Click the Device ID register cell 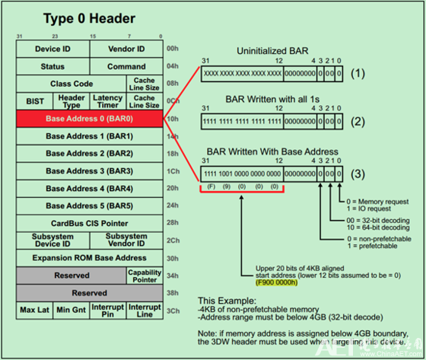[52, 49]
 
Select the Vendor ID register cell [126, 49]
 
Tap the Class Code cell [72, 84]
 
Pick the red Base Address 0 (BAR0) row [88, 119]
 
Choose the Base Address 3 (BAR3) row [88, 170]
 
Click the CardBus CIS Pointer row [88, 223]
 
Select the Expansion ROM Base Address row [88, 258]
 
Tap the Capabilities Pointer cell [144, 276]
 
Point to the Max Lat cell [34, 311]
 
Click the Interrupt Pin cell [107, 311]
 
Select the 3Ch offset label [173, 311]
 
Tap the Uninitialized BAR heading [272, 50]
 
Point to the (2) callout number [358, 122]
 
